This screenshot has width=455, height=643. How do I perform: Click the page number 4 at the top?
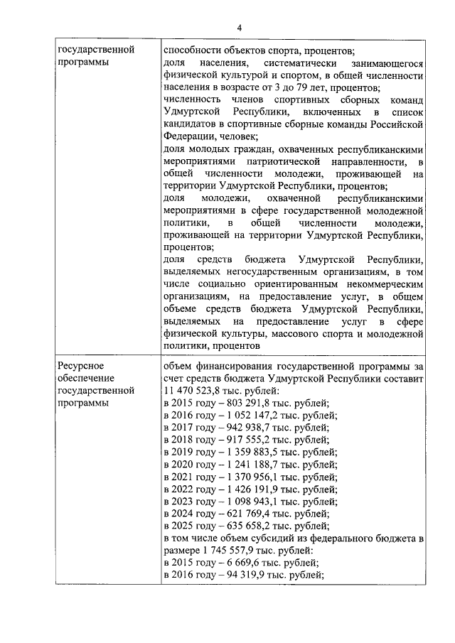coord(240,27)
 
